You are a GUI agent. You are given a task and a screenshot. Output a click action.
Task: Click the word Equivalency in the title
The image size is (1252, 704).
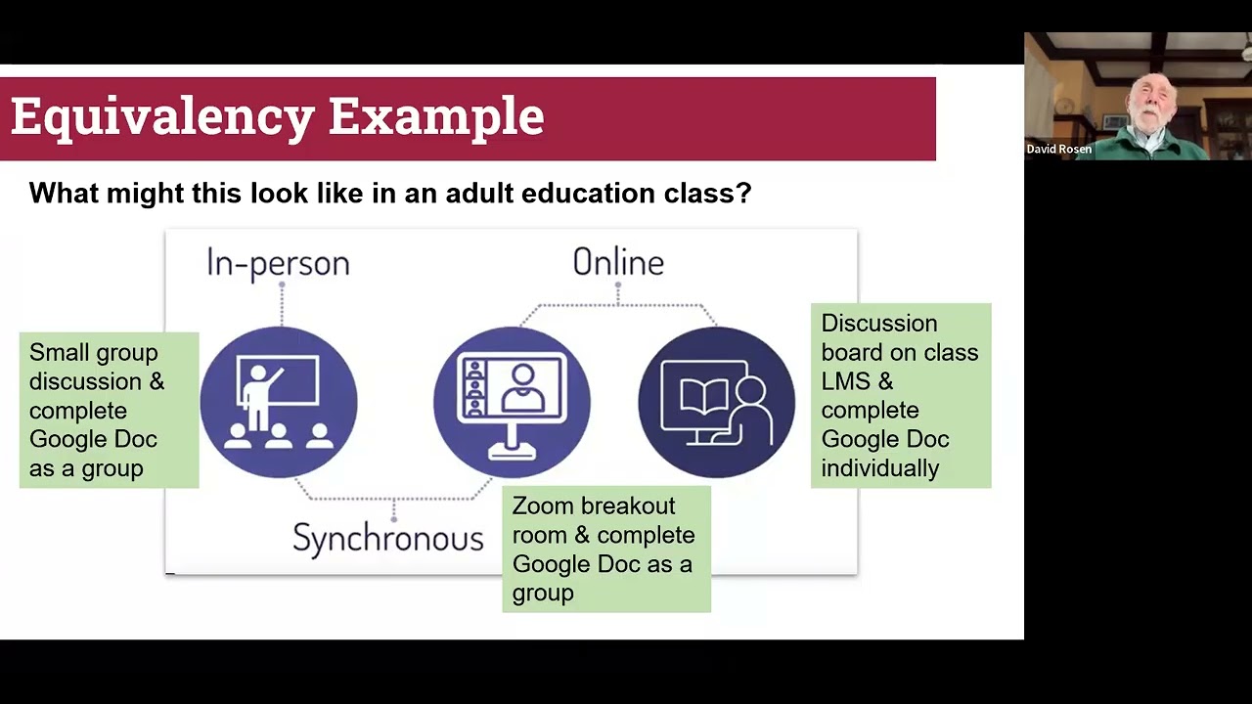tap(162, 116)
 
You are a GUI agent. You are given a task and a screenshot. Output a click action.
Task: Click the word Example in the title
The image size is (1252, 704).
tap(435, 116)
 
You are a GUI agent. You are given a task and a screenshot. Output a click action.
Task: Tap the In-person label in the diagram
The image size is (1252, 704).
tap(278, 263)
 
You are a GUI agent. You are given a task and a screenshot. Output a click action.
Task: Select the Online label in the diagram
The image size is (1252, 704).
tap(618, 262)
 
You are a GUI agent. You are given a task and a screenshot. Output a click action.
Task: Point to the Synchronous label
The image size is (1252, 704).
tap(388, 538)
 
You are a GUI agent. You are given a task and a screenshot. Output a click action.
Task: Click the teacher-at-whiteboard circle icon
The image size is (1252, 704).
tap(279, 402)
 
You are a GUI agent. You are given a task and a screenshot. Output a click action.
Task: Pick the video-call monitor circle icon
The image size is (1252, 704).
tap(512, 402)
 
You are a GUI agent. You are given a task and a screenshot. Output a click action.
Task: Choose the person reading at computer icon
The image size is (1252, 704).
tap(717, 402)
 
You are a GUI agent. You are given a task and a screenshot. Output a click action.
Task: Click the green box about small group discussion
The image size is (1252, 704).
tap(109, 410)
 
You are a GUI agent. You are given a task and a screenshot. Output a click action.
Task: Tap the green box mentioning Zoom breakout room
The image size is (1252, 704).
tap(605, 550)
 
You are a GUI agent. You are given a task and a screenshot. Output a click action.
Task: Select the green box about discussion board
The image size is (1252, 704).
tap(900, 395)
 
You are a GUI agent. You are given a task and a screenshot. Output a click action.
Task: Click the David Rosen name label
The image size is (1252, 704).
tap(1058, 150)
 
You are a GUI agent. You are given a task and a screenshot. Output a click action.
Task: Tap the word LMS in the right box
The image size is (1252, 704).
tap(844, 381)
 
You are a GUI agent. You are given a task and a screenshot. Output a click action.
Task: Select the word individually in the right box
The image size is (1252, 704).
tap(879, 468)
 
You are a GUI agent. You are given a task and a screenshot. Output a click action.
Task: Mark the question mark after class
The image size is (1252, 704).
tap(745, 193)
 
